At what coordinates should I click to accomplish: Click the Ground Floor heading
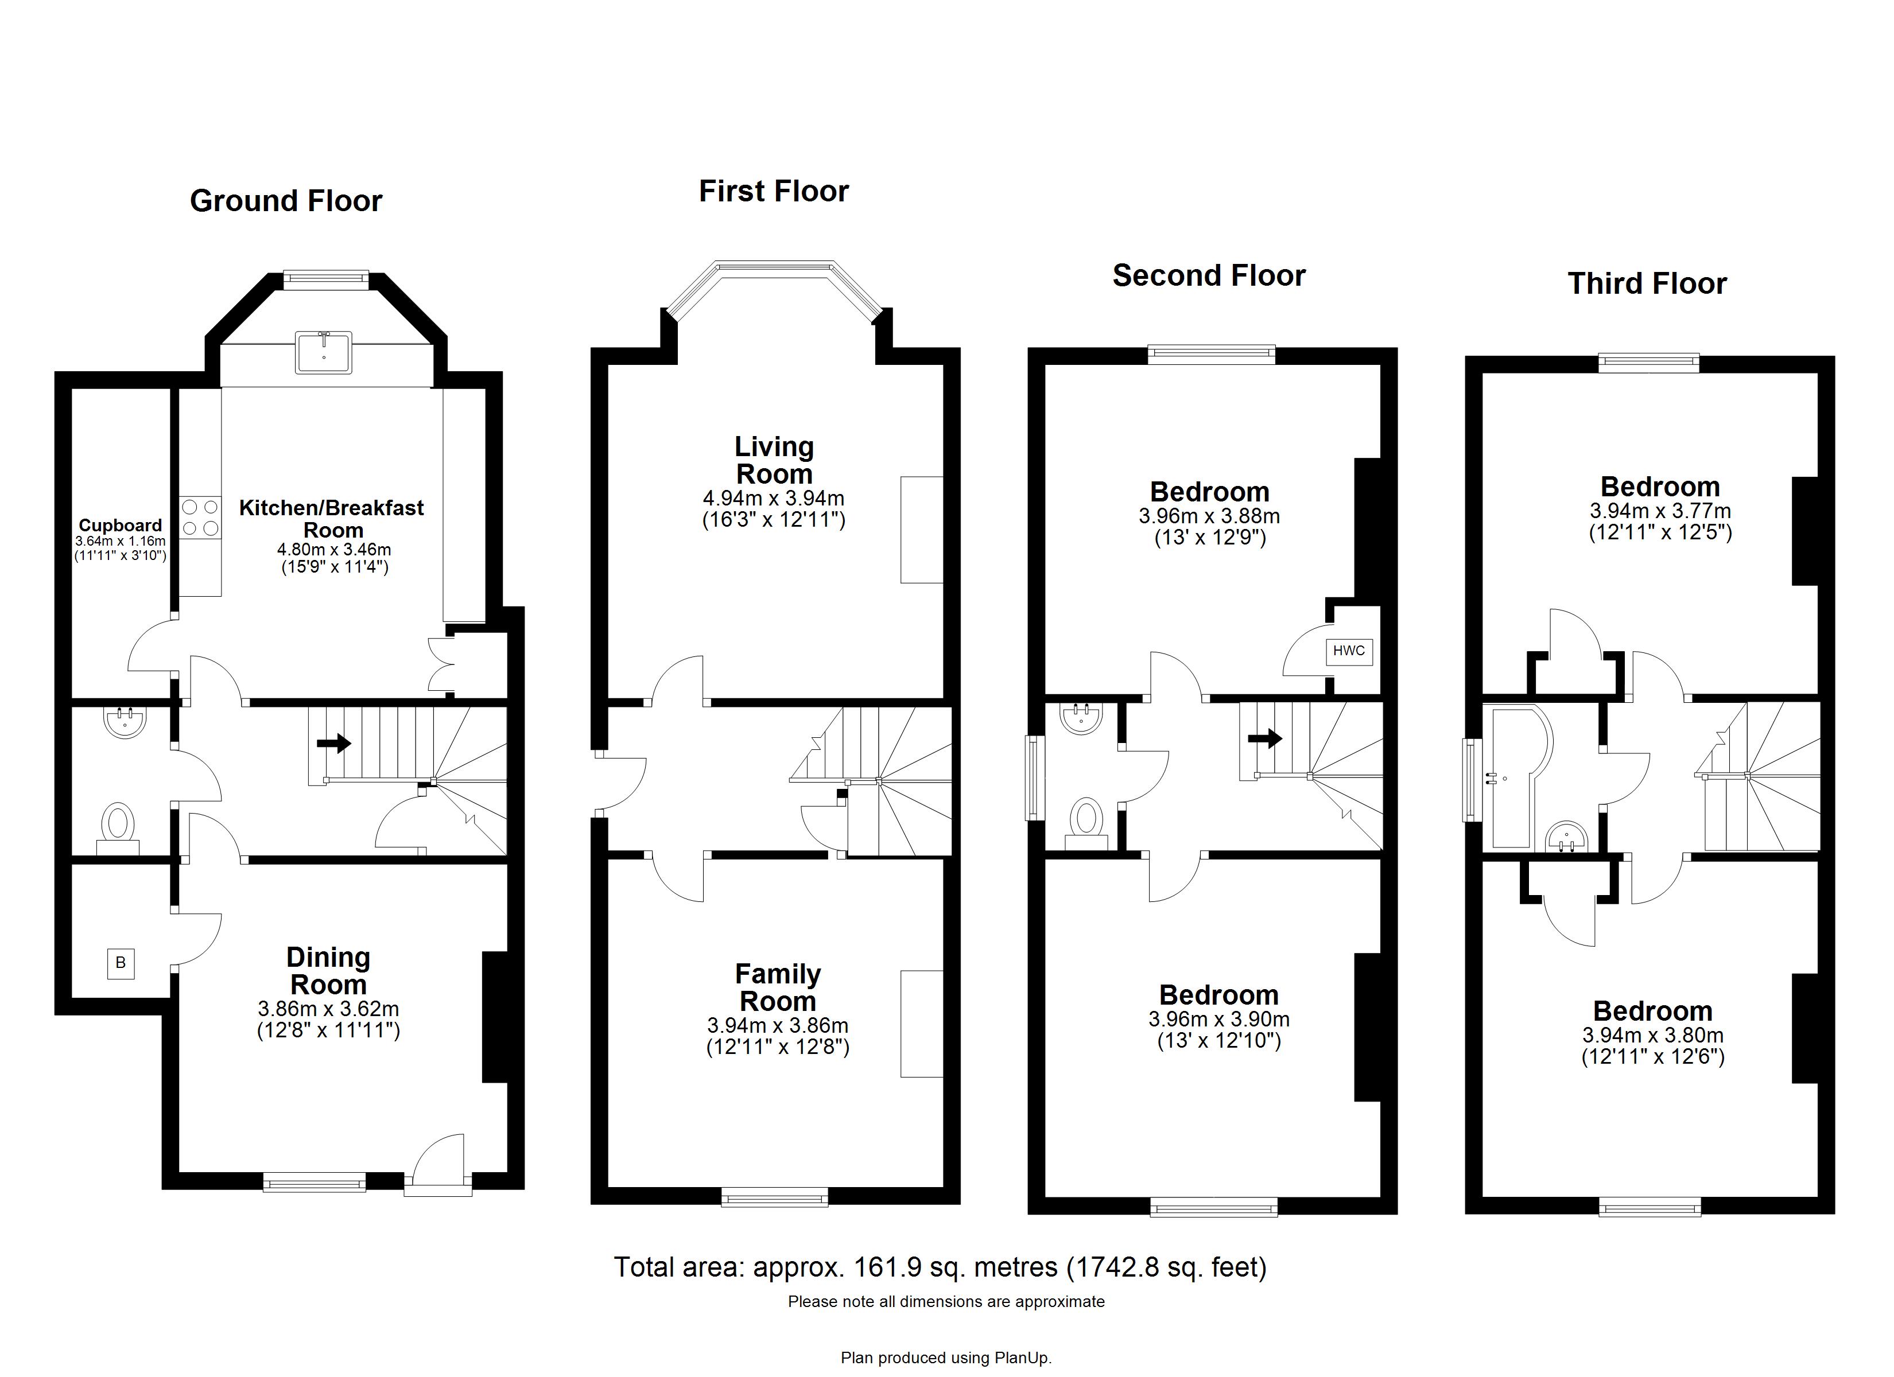coord(286,201)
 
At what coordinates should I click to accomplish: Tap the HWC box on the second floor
coord(1349,651)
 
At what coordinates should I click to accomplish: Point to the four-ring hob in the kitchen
coord(200,518)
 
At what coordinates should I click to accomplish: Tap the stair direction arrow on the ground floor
coord(333,742)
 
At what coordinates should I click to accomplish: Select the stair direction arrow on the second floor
coord(1264,738)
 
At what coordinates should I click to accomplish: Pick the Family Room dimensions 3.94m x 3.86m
coord(778,1025)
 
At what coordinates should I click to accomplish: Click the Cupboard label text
coord(121,525)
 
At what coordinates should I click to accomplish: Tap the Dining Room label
coord(328,970)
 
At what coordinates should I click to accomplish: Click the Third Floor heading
coord(1647,284)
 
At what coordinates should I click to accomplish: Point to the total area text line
coord(940,1267)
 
